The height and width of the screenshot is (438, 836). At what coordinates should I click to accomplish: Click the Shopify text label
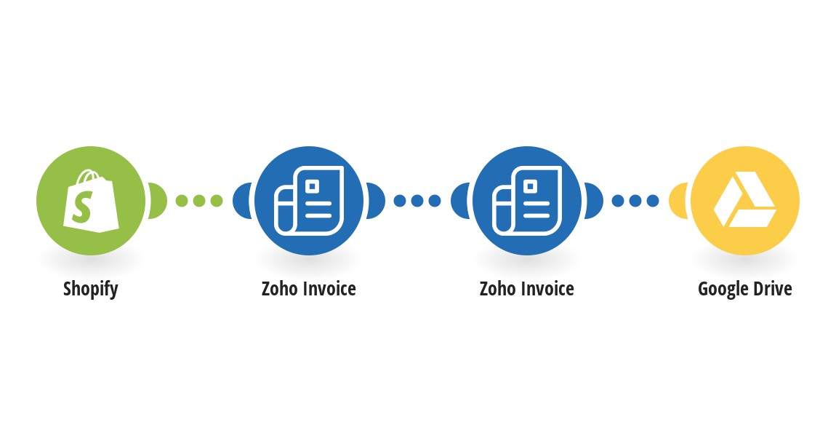91,289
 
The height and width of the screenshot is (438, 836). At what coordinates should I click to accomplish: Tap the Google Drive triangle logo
745,199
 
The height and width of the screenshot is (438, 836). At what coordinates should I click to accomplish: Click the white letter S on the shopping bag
83,207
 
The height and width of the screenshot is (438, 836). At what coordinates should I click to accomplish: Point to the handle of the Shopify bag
88,177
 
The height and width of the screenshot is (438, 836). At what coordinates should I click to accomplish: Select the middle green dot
199,201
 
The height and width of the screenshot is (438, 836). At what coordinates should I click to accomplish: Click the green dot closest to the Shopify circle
182,201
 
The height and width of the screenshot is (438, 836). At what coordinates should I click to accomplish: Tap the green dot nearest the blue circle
217,201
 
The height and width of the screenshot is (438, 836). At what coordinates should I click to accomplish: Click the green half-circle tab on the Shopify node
158,201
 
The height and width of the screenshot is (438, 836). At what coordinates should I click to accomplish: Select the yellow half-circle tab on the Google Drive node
678,201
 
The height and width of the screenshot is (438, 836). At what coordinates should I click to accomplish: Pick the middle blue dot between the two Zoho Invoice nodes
417,201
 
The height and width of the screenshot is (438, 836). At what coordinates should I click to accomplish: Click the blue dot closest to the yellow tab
653,201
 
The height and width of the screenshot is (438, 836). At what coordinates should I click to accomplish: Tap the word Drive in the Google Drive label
772,289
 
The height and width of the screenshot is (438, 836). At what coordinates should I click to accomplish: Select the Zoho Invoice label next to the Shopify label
309,289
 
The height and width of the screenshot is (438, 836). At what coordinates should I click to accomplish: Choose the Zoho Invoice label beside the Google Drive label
527,289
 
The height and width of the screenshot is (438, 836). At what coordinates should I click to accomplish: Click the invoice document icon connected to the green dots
309,201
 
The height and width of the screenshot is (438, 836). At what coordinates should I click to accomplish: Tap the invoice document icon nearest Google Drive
527,201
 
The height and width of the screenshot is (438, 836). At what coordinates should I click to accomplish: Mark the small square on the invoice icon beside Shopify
313,186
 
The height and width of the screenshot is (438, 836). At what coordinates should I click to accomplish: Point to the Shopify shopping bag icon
91,201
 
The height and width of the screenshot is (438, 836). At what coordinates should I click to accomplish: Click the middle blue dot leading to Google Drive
635,201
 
